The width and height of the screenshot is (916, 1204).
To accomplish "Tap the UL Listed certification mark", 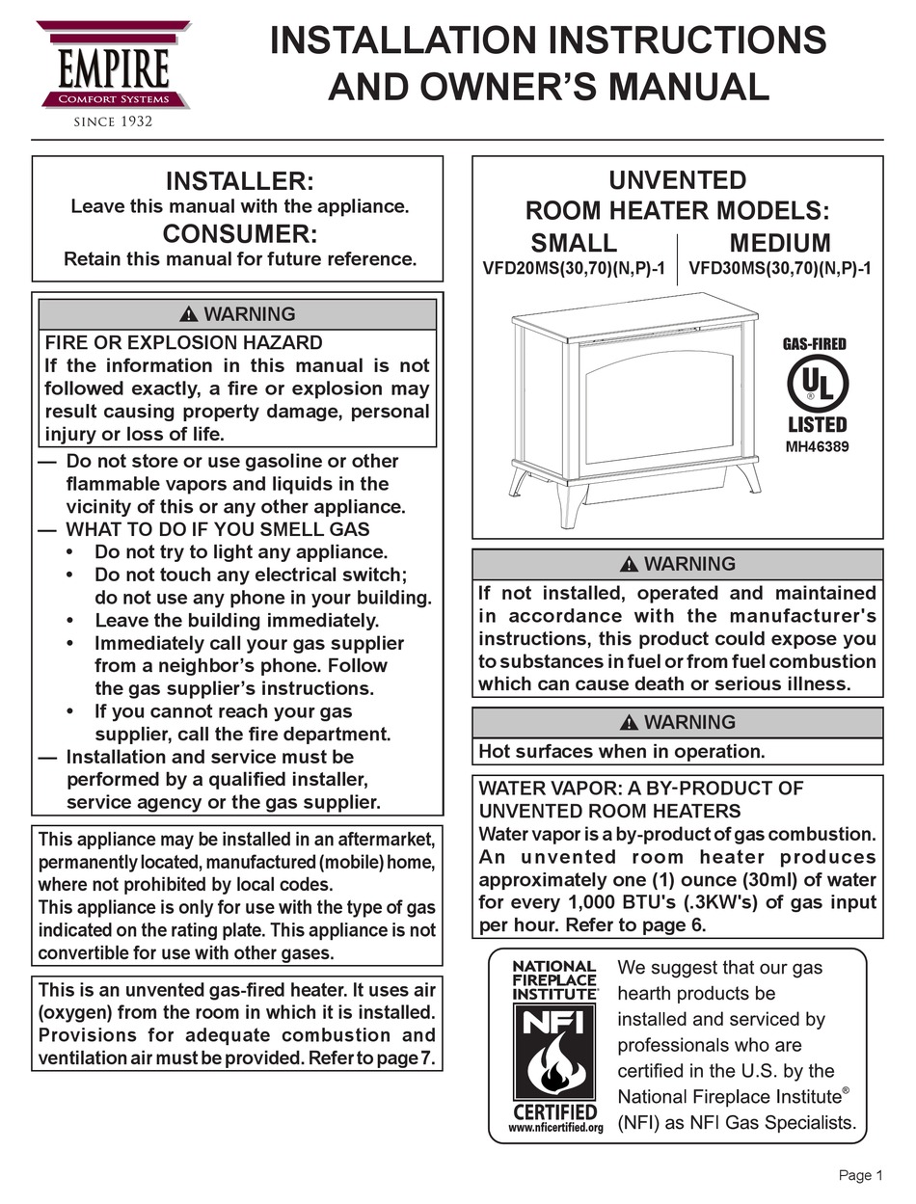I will tap(817, 387).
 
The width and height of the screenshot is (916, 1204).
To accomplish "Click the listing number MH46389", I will tap(817, 446).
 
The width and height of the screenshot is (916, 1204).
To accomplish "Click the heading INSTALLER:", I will tap(239, 181).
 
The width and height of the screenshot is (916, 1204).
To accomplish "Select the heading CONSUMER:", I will tap(239, 234).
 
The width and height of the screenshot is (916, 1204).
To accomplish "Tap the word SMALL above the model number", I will tap(574, 242).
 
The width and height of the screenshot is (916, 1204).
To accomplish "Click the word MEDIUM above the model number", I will tap(779, 242).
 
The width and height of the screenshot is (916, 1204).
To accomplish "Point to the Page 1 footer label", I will tap(860, 1175).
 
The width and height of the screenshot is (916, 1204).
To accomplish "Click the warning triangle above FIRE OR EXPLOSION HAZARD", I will tap(189, 314).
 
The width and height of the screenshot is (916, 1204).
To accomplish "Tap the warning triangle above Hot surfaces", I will tap(630, 722).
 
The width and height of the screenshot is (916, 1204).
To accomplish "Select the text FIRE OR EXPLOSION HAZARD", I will tap(184, 342).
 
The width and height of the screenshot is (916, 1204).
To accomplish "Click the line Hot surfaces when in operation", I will tap(622, 751).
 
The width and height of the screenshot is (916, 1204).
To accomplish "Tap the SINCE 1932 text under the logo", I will tap(114, 121).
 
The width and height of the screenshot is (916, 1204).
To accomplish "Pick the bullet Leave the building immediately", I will tap(236, 621).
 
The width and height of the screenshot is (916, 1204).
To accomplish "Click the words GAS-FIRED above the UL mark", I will tap(815, 344).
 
